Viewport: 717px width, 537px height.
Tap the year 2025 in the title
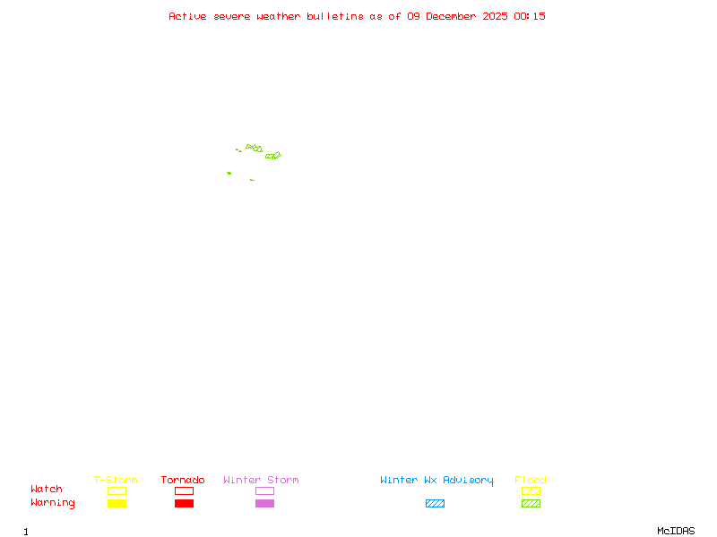(x=496, y=16)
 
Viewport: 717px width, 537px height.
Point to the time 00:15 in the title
(x=530, y=16)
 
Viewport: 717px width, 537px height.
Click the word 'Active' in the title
(x=188, y=16)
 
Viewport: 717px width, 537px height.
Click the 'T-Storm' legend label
(x=116, y=480)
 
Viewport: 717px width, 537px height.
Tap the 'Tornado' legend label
(x=183, y=480)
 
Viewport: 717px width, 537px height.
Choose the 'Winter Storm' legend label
(x=261, y=480)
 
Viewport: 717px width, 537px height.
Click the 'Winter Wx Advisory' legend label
(x=436, y=480)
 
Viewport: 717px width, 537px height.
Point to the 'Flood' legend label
(x=531, y=480)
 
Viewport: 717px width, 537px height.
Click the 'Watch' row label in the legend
(x=47, y=490)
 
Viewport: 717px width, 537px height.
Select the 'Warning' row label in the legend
(x=53, y=503)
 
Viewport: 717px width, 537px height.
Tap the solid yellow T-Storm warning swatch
(x=117, y=503)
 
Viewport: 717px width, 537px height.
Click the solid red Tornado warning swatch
(x=184, y=503)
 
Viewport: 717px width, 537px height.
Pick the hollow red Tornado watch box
(x=184, y=490)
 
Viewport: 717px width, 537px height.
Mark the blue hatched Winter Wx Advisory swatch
(x=435, y=503)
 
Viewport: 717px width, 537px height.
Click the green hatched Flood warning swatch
(x=531, y=503)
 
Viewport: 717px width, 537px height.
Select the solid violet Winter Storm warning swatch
(x=264, y=503)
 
